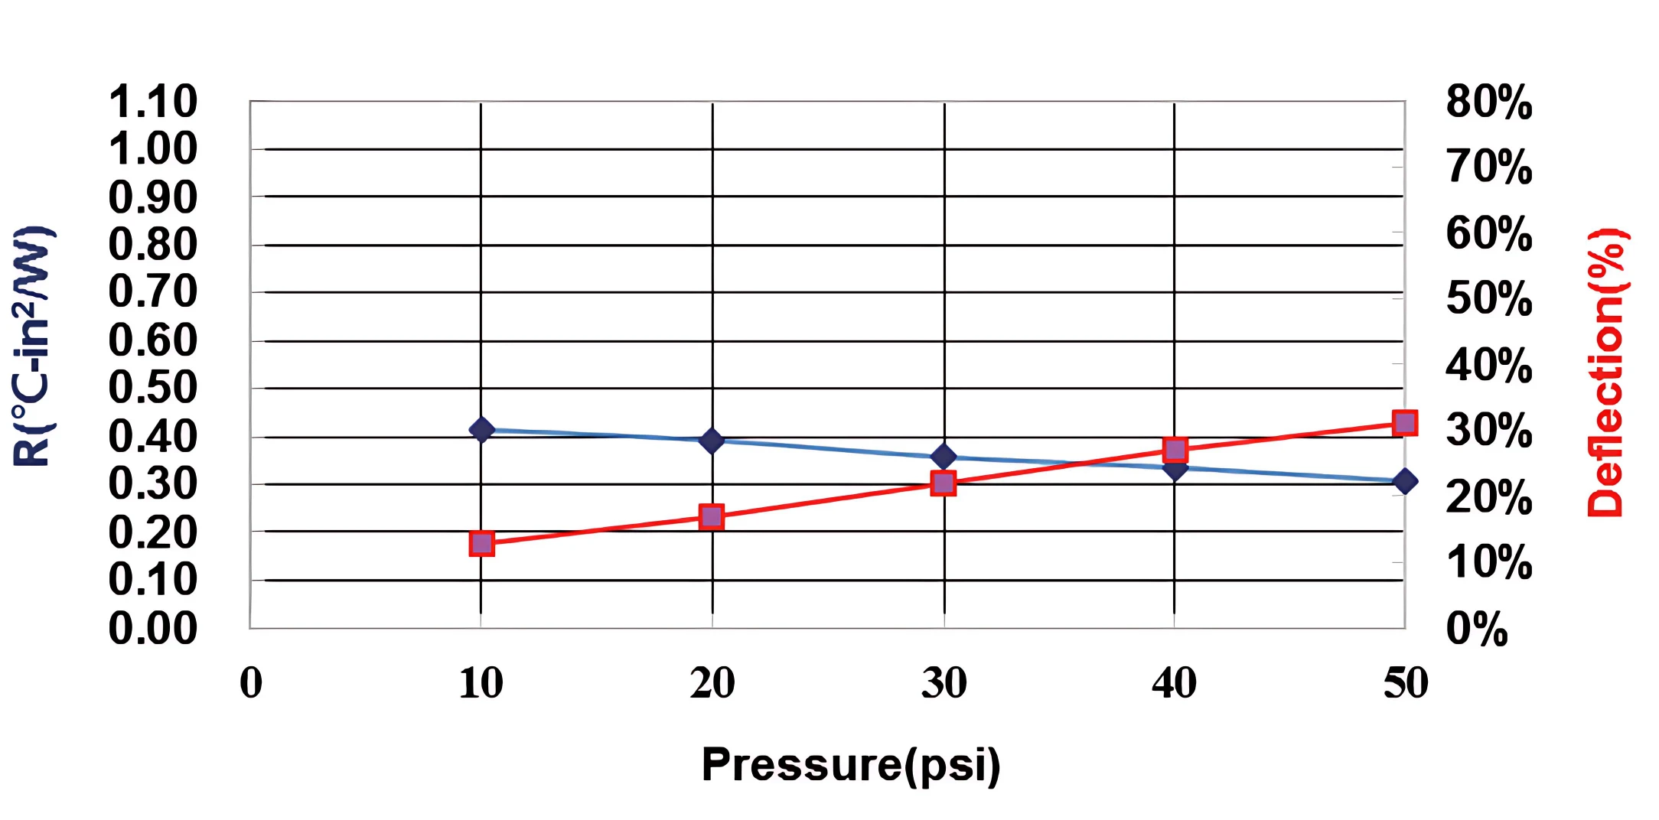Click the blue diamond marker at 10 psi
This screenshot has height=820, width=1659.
481,430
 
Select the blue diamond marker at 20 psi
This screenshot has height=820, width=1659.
712,440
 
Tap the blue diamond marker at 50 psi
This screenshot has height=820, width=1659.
1405,481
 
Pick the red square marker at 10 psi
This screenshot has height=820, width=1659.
481,544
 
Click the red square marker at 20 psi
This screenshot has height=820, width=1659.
712,517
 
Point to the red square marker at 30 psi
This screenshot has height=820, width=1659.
944,483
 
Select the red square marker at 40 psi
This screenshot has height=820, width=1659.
1175,449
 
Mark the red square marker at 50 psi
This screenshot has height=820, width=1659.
1405,422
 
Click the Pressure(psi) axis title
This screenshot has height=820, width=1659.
850,764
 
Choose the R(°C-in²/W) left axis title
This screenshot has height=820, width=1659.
32,346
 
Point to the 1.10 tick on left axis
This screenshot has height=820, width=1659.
153,102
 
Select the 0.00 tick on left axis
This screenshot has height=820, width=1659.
153,628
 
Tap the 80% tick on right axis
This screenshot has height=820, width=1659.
1488,102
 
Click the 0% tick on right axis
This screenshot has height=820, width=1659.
1476,629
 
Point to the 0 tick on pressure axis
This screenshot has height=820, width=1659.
251,683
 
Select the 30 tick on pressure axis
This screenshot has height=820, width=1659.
944,683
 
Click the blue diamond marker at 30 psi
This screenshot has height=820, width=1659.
944,457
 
